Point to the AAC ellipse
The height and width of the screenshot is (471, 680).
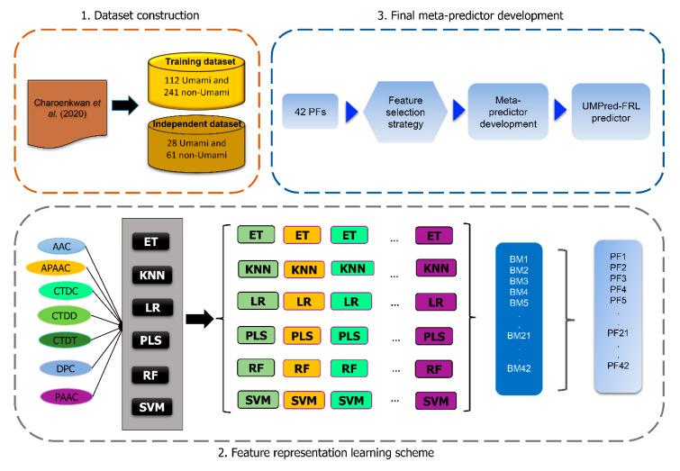pos(61,246)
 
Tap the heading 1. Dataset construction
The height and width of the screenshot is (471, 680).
pos(142,15)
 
